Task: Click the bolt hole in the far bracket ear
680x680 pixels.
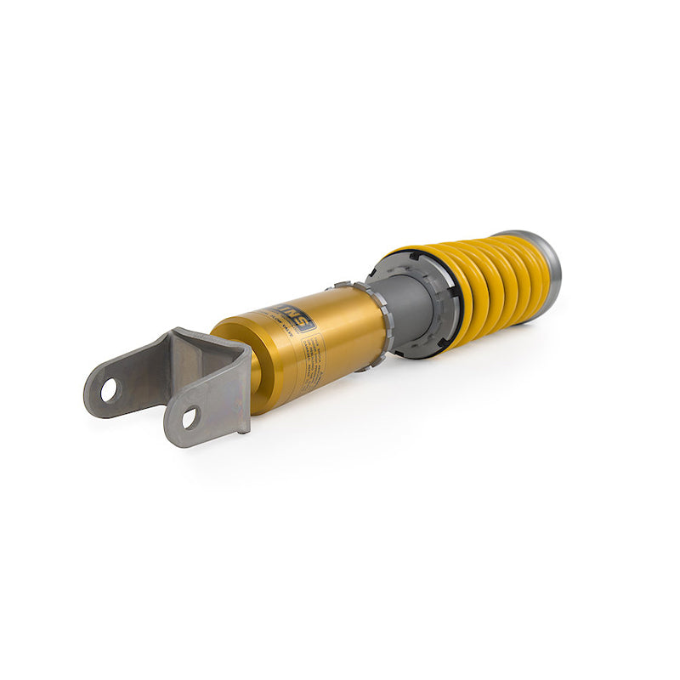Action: (109, 390)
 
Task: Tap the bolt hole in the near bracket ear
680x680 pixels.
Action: (189, 417)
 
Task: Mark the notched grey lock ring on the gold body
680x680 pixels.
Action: (380, 327)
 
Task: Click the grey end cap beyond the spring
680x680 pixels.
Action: (548, 263)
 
